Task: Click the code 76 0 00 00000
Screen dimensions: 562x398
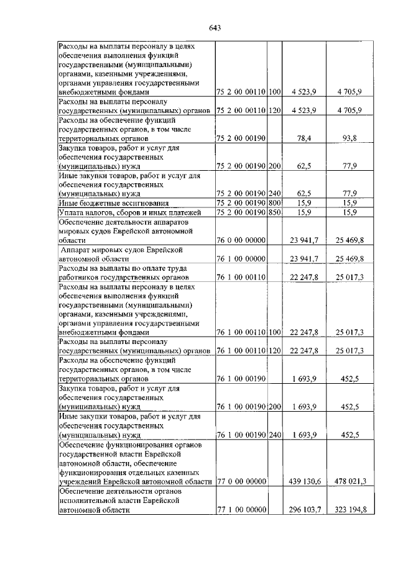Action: coord(241,240)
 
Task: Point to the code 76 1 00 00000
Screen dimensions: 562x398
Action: coord(241,258)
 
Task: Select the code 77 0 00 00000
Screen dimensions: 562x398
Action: coord(241,481)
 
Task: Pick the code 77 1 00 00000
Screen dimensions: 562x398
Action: coord(241,510)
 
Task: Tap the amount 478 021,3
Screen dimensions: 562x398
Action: coord(351,481)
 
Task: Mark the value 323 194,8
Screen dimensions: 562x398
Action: coord(351,510)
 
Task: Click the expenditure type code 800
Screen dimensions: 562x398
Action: coord(275,203)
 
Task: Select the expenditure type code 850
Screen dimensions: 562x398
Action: coord(275,212)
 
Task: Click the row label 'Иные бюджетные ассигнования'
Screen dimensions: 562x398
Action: coord(104,203)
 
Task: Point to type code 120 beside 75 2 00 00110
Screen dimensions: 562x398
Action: coord(275,110)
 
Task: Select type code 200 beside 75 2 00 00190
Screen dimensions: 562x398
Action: coord(275,166)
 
